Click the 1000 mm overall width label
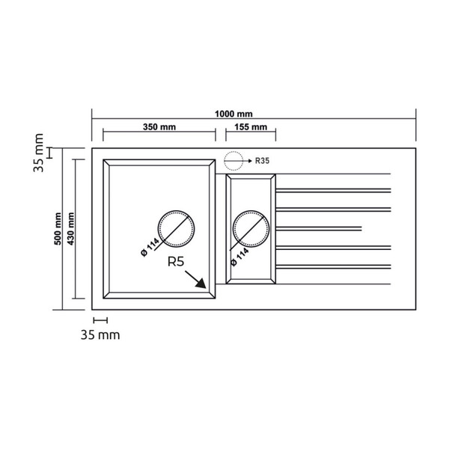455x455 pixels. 233,114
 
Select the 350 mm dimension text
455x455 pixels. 159,127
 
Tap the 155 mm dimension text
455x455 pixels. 251,127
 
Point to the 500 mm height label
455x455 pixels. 58,229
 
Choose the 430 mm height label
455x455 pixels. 71,229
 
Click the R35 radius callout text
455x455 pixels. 263,161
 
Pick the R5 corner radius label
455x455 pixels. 176,262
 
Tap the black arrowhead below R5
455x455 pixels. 201,283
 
